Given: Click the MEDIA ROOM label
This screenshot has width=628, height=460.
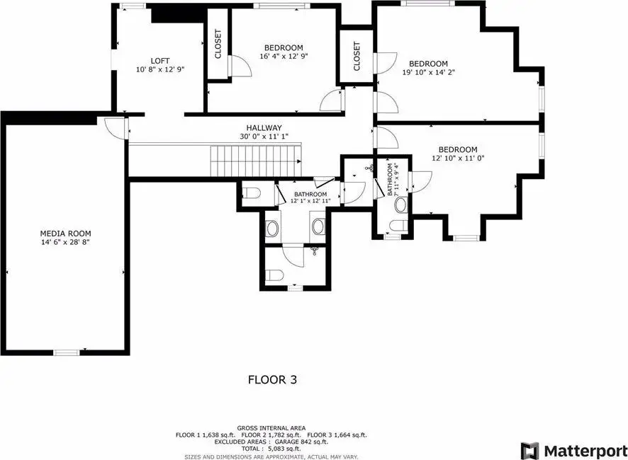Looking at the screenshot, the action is [65, 234].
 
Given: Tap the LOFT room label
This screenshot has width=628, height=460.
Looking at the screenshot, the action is [160, 61].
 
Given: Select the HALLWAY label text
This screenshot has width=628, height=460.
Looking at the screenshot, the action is [264, 128].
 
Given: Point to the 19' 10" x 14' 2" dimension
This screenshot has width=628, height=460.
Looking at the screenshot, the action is [429, 72].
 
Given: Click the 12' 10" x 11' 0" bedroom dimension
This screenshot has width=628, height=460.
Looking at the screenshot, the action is [458, 158].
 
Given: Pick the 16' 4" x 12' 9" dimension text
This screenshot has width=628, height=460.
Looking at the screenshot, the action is [284, 57].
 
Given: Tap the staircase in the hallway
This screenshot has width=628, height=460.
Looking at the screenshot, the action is [257, 161].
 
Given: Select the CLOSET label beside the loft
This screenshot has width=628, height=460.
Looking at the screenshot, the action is [218, 44].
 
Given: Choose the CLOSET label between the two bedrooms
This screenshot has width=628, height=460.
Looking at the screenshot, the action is [357, 56].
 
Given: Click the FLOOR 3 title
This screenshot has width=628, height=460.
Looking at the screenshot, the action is [272, 379].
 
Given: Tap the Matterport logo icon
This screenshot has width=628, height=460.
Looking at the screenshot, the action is [530, 451].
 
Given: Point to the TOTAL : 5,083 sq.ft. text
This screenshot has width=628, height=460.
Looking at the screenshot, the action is [271, 449].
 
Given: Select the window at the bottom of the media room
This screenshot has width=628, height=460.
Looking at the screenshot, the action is [67, 352].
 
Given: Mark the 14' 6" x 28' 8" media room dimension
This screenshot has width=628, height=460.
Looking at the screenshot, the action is [65, 242].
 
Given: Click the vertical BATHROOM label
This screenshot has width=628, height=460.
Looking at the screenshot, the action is [390, 180].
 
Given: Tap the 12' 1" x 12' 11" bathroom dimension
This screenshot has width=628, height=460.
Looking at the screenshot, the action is [310, 201].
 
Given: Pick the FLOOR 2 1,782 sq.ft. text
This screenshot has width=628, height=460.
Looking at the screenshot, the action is [271, 435].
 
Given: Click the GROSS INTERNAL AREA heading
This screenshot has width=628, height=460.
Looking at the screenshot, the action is [271, 428].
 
